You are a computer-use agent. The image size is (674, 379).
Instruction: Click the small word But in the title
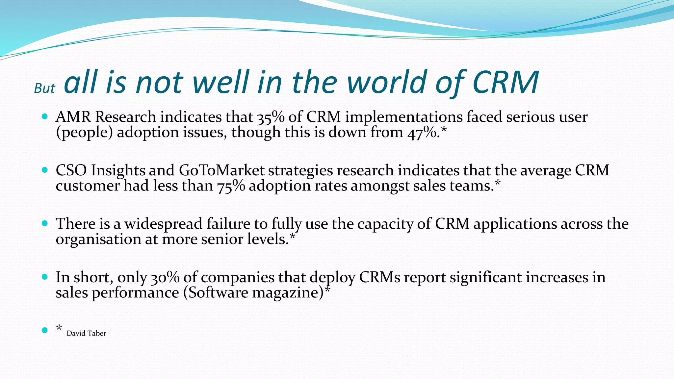pyautogui.click(x=45, y=88)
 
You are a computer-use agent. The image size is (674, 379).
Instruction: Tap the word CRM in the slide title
pyautogui.click(x=505, y=82)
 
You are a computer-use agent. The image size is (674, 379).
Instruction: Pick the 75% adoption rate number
pyautogui.click(x=231, y=186)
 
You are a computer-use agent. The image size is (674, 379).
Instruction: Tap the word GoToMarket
pyautogui.click(x=221, y=170)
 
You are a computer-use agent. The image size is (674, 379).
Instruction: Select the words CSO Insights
pyautogui.click(x=100, y=170)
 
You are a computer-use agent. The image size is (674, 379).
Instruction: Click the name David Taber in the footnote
pyautogui.click(x=86, y=334)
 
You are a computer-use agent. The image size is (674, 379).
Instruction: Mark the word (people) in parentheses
pyautogui.click(x=84, y=133)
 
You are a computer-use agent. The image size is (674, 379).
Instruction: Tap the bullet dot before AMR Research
pyautogui.click(x=45, y=116)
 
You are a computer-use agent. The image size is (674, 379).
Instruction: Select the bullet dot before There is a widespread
pyautogui.click(x=45, y=223)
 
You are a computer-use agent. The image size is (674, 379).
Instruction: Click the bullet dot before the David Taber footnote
pyautogui.click(x=45, y=330)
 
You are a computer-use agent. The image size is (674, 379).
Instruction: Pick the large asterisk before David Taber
pyautogui.click(x=59, y=328)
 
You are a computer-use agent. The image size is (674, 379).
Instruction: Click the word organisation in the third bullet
pyautogui.click(x=98, y=240)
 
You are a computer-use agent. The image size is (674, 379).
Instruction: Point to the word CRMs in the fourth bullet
pyautogui.click(x=379, y=277)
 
